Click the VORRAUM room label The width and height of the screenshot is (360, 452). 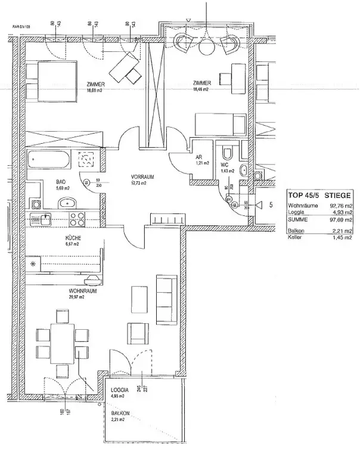coord(143,177)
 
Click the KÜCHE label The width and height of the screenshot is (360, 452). coord(73,238)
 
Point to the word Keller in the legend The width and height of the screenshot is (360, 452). coord(296,237)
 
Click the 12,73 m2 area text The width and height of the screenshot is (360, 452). coord(143,184)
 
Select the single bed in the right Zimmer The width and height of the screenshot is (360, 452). coord(222,125)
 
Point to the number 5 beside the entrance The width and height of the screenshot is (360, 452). coord(271,205)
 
